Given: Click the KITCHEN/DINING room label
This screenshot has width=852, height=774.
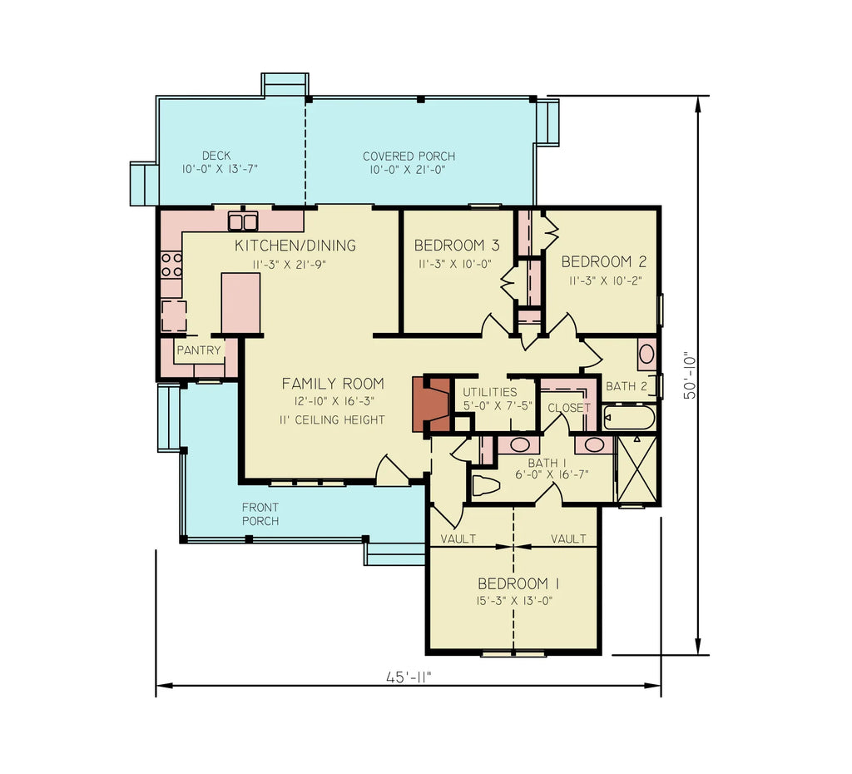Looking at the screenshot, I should click(x=295, y=246).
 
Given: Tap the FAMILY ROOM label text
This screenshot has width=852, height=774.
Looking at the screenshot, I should click(x=333, y=384).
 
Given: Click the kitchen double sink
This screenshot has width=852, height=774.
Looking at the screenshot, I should click(x=243, y=221).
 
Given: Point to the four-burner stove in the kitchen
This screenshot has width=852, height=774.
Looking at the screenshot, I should click(x=171, y=265).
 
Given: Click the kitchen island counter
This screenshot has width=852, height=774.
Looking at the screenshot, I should click(x=240, y=302).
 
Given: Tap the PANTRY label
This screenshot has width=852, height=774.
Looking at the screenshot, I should click(x=199, y=350).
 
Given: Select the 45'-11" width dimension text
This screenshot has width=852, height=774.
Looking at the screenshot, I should click(x=409, y=677).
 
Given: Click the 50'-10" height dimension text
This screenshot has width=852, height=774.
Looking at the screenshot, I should click(x=690, y=375).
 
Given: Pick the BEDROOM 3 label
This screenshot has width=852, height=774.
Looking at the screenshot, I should click(x=457, y=246).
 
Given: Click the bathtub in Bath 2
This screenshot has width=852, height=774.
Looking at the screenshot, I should click(x=629, y=417).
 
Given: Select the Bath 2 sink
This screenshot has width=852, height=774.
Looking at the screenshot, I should click(x=646, y=354).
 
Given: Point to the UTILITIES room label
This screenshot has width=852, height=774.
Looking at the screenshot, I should click(x=490, y=392).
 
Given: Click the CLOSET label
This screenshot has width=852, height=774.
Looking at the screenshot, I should click(x=568, y=408).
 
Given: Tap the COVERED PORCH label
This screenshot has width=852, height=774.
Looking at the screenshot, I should click(x=409, y=156).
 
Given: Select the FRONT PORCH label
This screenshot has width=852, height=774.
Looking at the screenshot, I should click(x=260, y=514).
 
